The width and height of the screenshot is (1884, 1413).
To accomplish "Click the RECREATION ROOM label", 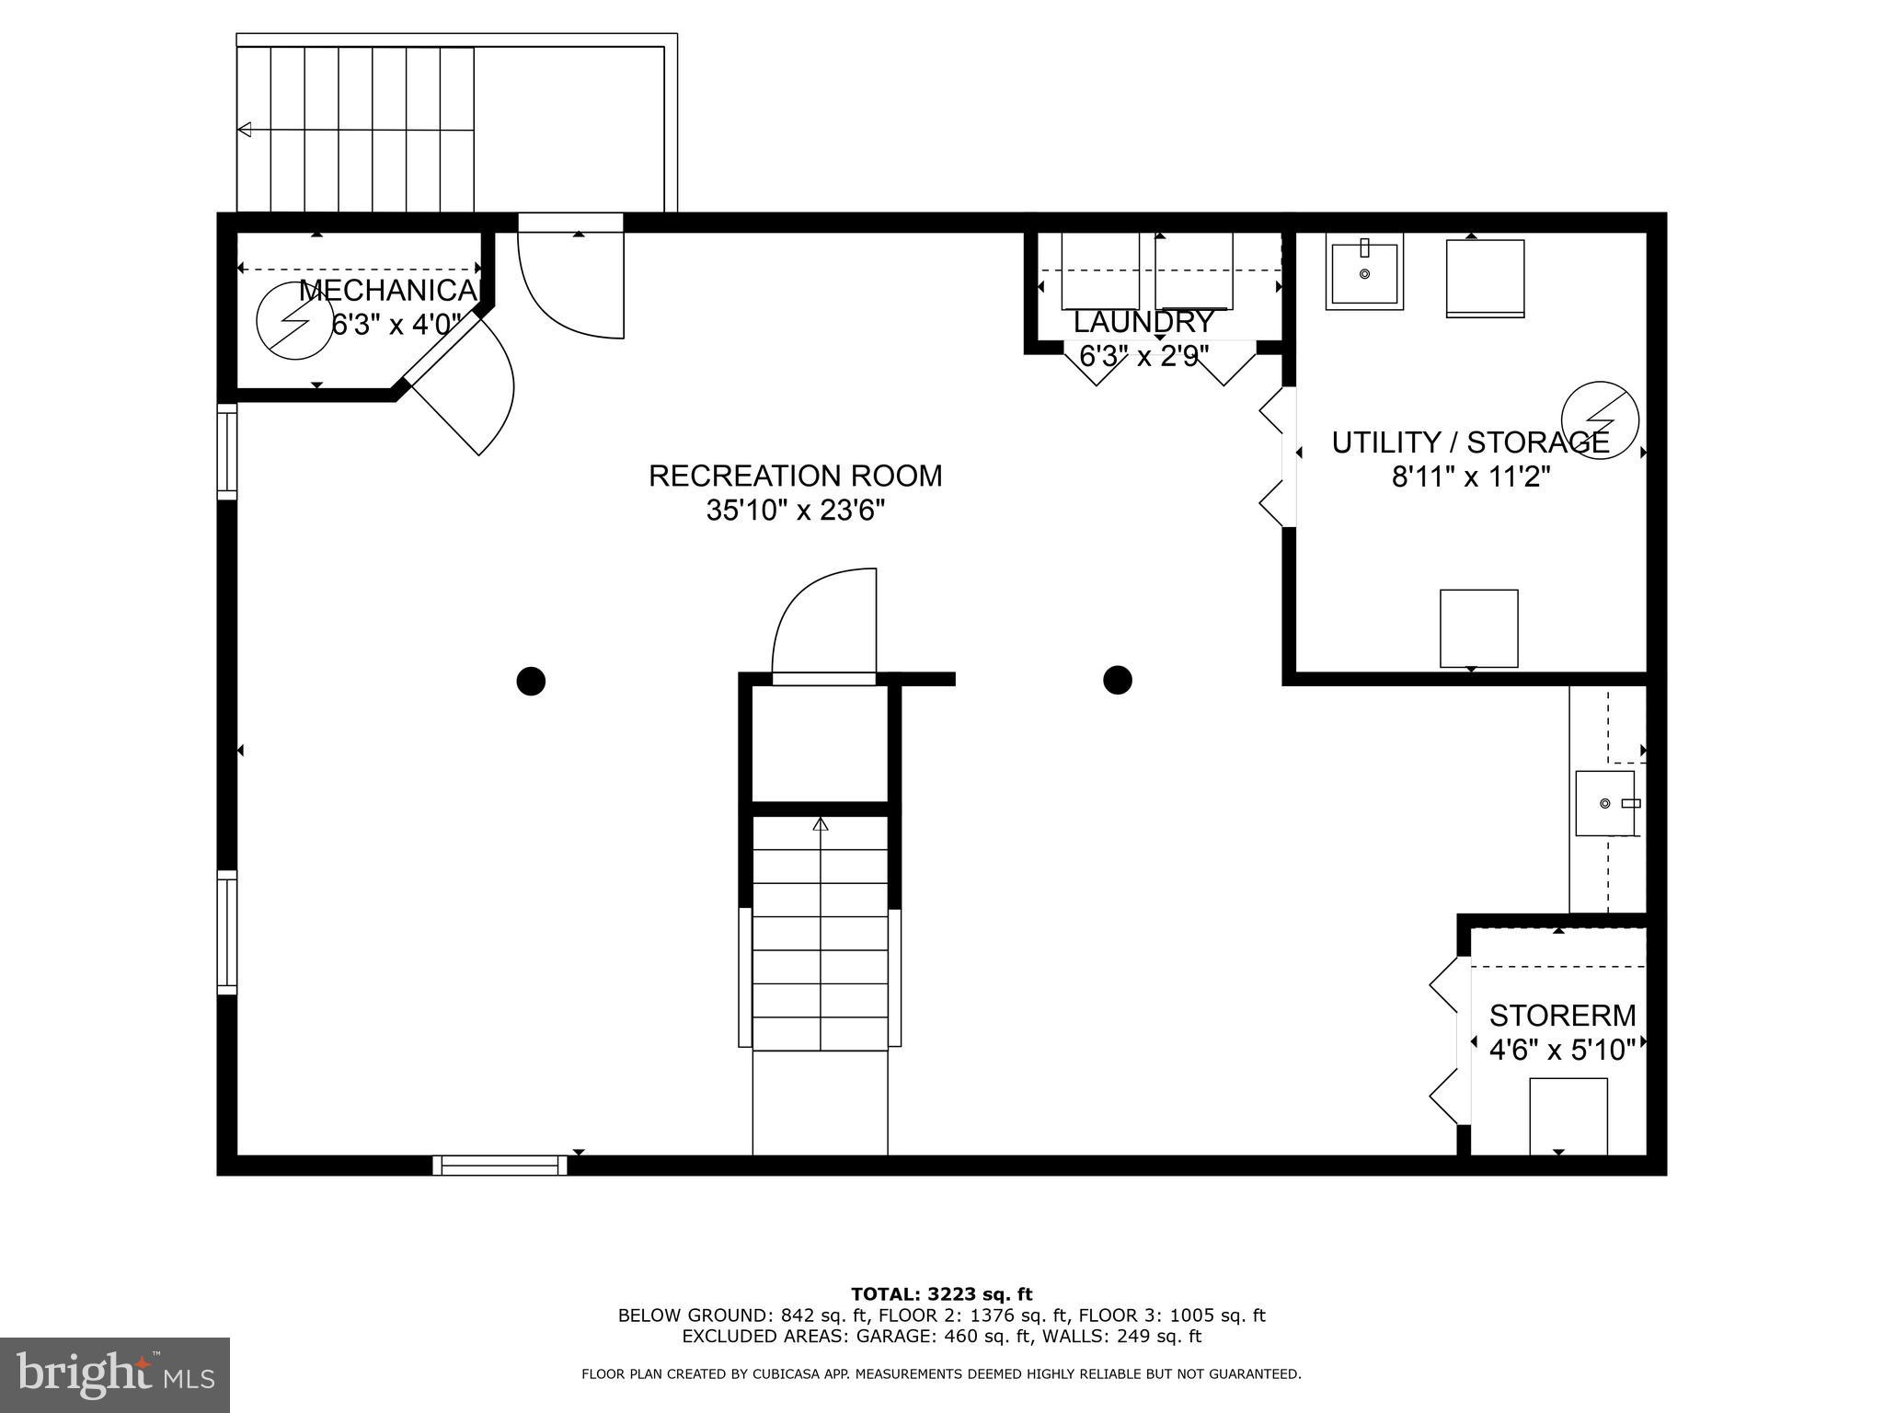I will (795, 476).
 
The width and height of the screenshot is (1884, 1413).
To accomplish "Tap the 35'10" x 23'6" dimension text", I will (795, 510).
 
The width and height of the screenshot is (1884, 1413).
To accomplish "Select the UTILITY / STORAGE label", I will (1470, 442).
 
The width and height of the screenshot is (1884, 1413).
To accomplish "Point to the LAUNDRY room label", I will (1143, 322).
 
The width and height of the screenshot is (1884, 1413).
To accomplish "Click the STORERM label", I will (1562, 1016).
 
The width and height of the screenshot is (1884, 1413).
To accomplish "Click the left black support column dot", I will (531, 681).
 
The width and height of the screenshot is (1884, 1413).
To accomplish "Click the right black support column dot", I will (1117, 680).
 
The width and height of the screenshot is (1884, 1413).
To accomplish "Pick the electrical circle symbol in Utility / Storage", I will (1600, 420).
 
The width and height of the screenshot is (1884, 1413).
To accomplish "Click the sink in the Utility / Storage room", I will (1364, 272).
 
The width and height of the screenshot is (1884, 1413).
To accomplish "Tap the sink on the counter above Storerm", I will (1605, 803).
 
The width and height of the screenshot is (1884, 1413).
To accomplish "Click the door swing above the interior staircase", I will (824, 626).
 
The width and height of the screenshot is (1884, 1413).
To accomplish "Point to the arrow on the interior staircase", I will (821, 824).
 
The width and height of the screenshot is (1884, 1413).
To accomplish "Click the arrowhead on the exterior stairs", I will (245, 130).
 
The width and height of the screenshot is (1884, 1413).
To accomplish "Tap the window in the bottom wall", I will (500, 1165).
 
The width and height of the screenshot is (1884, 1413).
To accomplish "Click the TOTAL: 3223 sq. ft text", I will (941, 1294).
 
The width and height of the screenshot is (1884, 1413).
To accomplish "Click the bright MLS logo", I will (114, 1374).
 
